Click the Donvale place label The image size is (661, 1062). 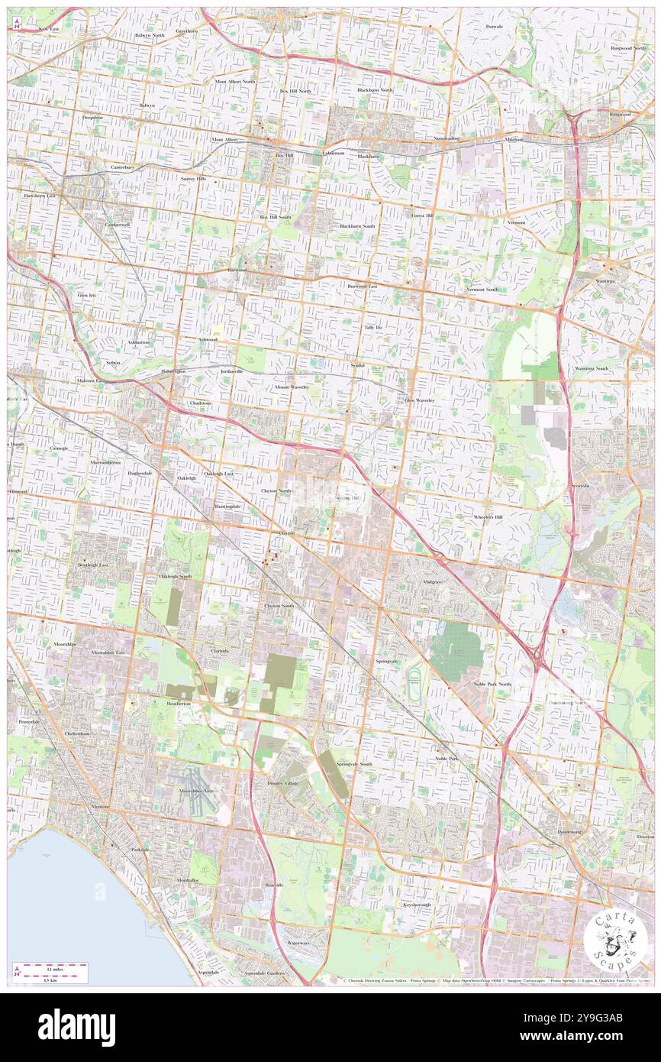494,26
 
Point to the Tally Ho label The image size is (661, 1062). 372,327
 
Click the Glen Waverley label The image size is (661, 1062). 419,400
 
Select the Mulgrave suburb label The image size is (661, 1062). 433,581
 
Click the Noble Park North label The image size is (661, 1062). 492,684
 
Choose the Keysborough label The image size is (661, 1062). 418,905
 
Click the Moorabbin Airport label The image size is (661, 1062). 199,790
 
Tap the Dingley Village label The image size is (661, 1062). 283,783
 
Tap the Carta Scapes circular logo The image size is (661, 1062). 615,938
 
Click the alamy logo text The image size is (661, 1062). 76,1028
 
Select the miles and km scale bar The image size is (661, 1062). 50,972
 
